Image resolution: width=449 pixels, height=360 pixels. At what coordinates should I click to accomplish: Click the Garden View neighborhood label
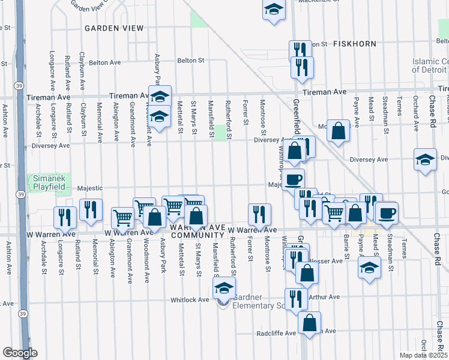pyautogui.click(x=114, y=28)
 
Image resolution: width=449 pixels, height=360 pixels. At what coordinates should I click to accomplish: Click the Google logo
pyautogui.click(x=20, y=353)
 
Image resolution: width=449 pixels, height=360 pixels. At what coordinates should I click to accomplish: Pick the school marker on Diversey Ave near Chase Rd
pyautogui.click(x=425, y=160)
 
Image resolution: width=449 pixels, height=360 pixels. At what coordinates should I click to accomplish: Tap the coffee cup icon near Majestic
pyautogui.click(x=293, y=179)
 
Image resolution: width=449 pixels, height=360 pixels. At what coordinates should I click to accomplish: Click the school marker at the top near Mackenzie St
pyautogui.click(x=274, y=10)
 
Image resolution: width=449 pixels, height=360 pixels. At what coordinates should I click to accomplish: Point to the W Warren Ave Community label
pyautogui.click(x=193, y=231)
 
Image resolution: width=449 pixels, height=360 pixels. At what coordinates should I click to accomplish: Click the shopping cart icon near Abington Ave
pyautogui.click(x=122, y=218)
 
